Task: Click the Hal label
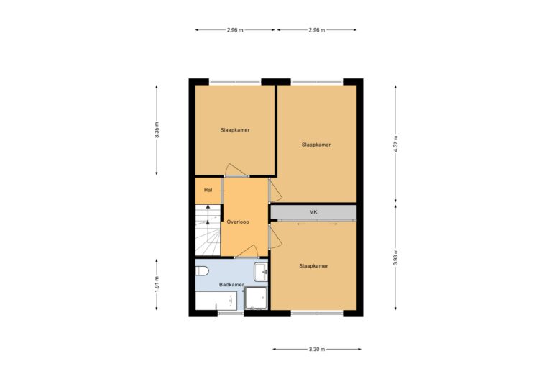(208, 191)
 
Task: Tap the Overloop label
(237, 223)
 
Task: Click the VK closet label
(313, 212)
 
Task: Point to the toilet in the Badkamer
(202, 271)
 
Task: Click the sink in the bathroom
(264, 272)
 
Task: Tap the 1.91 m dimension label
(157, 284)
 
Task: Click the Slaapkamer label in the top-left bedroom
(235, 130)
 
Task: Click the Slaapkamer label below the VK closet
(313, 266)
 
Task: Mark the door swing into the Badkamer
(247, 250)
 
